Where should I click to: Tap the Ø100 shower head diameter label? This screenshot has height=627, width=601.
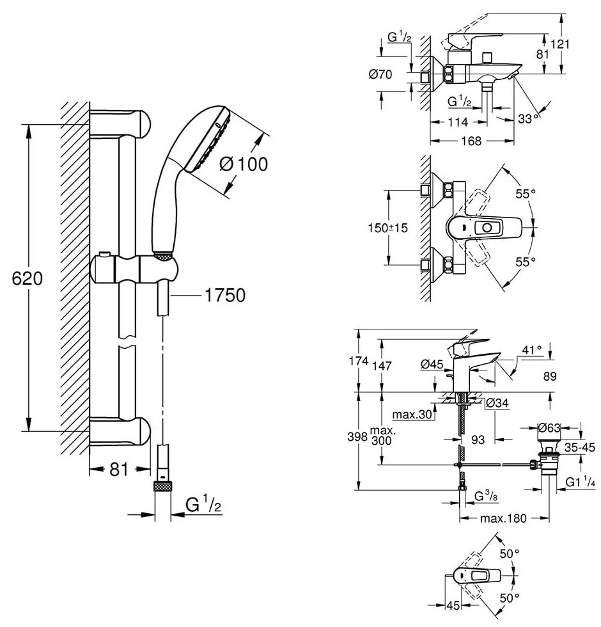click(243, 164)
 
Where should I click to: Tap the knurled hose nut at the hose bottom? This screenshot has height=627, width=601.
click(164, 486)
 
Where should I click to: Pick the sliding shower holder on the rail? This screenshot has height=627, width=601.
click(134, 267)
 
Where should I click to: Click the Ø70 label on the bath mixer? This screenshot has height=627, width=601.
click(380, 75)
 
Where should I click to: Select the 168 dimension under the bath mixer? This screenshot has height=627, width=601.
click(470, 141)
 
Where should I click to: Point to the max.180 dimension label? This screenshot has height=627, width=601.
click(505, 518)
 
